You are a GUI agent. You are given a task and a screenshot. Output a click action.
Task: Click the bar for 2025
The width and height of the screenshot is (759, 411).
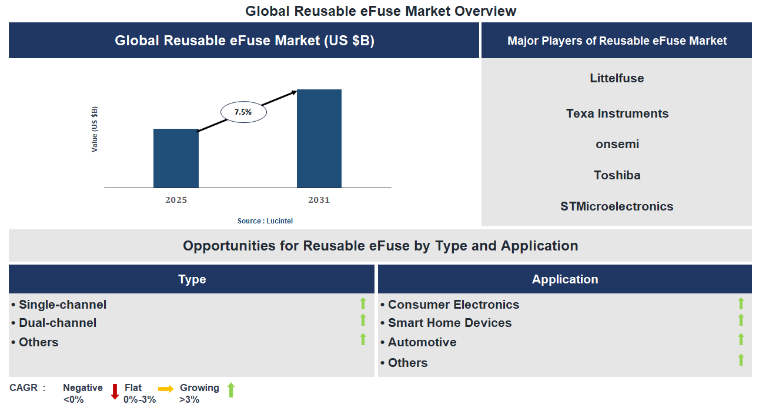[176, 158]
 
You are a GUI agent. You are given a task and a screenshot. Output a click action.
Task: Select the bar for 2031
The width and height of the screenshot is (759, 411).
[319, 139]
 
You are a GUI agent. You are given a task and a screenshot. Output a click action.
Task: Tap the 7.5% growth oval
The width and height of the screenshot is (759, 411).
[243, 111]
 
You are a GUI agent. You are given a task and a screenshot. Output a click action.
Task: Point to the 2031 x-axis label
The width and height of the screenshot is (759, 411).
[319, 201]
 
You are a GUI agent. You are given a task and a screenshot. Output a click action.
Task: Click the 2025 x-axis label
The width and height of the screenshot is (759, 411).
[176, 201]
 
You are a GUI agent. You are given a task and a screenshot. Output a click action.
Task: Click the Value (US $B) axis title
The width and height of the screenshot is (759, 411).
[95, 129]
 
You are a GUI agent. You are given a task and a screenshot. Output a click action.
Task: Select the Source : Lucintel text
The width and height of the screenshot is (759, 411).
[265, 221]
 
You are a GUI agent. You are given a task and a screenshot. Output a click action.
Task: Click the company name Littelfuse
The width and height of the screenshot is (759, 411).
[617, 78]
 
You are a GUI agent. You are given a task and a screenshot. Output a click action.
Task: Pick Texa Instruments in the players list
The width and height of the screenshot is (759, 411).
[617, 113]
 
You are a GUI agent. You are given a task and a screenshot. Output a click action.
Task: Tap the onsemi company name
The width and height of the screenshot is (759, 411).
[617, 144]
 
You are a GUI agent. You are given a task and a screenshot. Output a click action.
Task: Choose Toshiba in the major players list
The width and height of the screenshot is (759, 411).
[617, 175]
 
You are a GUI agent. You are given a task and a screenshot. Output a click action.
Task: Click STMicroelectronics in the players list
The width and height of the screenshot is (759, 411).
[617, 206]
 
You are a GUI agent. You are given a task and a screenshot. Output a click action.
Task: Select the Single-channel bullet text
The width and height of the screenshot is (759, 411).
[62, 305]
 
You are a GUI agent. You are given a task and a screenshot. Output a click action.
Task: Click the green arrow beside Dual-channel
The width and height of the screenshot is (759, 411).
[363, 320]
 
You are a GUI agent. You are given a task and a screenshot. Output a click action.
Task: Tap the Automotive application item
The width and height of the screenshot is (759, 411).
[422, 342]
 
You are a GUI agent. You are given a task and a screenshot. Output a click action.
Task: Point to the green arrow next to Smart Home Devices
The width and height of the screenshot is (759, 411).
[741, 320]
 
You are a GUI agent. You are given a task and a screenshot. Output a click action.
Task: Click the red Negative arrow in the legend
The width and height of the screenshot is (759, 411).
[115, 391]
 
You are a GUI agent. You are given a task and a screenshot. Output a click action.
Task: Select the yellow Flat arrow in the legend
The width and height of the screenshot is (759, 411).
[166, 389]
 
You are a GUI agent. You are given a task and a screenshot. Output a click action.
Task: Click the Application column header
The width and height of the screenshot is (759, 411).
[564, 279]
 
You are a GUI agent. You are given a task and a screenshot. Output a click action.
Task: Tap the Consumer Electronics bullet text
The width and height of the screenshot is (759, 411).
[453, 305]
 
